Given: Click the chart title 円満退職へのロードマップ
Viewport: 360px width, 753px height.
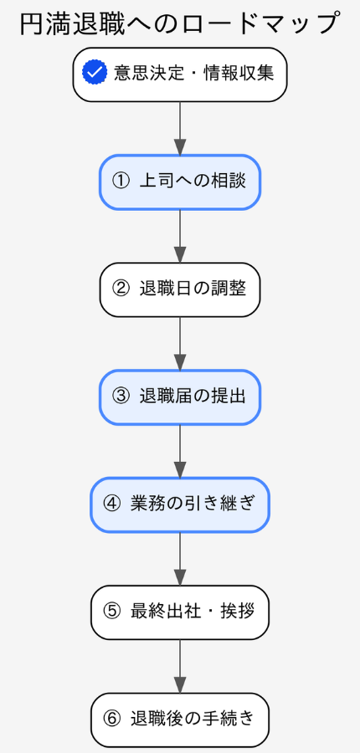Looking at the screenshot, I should point(180,23).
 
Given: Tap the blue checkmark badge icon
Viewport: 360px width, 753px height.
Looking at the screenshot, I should point(95,73).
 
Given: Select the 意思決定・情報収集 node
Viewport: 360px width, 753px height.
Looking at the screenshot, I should point(180,74).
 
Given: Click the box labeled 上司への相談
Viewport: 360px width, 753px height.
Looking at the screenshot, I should point(180,182).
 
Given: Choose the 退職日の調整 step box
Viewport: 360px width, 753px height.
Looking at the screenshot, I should point(180,289).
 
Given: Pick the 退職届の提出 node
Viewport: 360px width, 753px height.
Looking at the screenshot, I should point(180,397).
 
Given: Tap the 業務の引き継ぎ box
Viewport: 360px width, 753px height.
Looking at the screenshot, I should point(180,505).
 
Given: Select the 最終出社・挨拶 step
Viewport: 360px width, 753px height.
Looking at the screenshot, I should point(180,612).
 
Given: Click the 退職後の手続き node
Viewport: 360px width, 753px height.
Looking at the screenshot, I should point(180,720).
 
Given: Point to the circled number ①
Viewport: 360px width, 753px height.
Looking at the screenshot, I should point(121,182).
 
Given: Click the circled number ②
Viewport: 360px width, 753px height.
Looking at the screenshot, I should point(121,289).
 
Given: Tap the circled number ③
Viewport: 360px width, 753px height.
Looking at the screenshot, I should point(121,397).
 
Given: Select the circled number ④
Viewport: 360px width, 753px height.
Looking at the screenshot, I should point(112,505).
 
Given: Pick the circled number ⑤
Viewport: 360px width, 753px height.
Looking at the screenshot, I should point(112,612).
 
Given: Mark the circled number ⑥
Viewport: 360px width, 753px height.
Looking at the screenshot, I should point(112,720).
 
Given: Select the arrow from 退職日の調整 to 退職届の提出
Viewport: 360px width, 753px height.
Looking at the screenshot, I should point(180,343).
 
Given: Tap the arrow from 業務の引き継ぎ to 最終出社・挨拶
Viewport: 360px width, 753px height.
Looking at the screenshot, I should point(180,558).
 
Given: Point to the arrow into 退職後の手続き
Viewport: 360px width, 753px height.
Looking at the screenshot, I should point(180,666).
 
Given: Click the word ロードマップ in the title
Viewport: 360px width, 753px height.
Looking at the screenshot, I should point(260,23).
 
